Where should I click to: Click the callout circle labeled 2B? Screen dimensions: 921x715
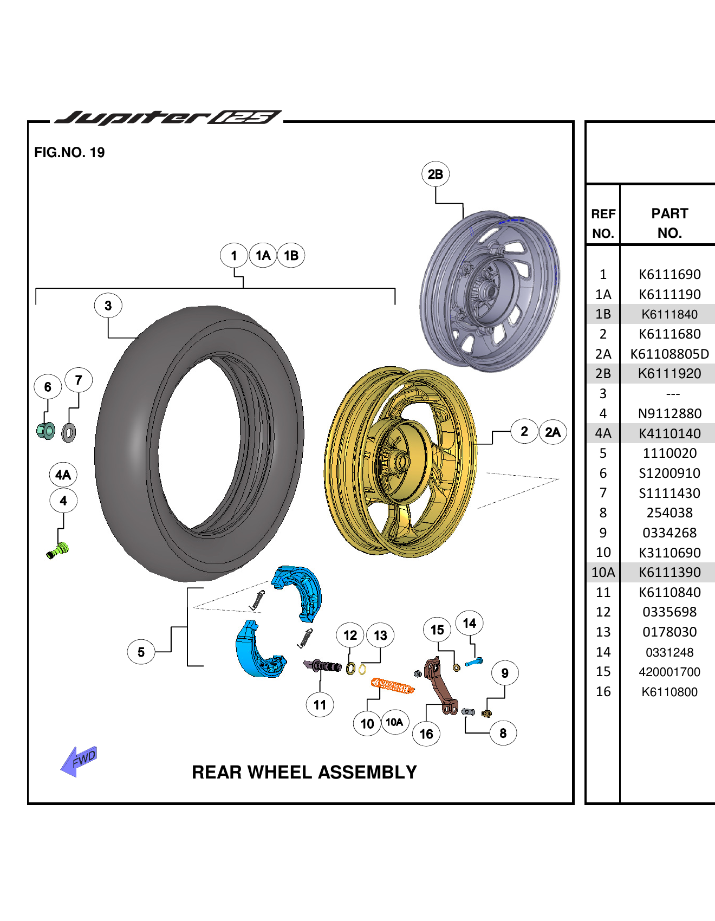point(435,174)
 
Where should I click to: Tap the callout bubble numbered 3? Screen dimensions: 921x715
point(108,306)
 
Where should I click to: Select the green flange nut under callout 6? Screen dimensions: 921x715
point(46,431)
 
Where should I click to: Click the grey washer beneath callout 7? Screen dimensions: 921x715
point(69,432)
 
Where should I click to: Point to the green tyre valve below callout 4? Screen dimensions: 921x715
point(58,550)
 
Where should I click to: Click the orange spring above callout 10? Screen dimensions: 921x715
point(393,686)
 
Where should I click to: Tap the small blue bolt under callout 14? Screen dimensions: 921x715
point(474,662)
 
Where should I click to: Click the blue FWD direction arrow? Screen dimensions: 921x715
point(79,761)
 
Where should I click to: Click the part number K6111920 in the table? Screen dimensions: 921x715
point(669,374)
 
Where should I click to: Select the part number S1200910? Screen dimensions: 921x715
point(669,474)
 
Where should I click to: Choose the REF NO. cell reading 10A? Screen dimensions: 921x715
point(603,573)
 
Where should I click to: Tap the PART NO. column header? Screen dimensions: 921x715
point(669,223)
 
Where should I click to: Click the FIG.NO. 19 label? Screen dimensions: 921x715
point(69,152)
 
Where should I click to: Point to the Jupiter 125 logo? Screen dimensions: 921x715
point(168,118)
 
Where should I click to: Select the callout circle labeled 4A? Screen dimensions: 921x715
point(63,475)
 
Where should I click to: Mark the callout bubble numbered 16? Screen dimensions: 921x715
point(426,734)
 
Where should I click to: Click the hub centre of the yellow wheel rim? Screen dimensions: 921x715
point(402,462)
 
